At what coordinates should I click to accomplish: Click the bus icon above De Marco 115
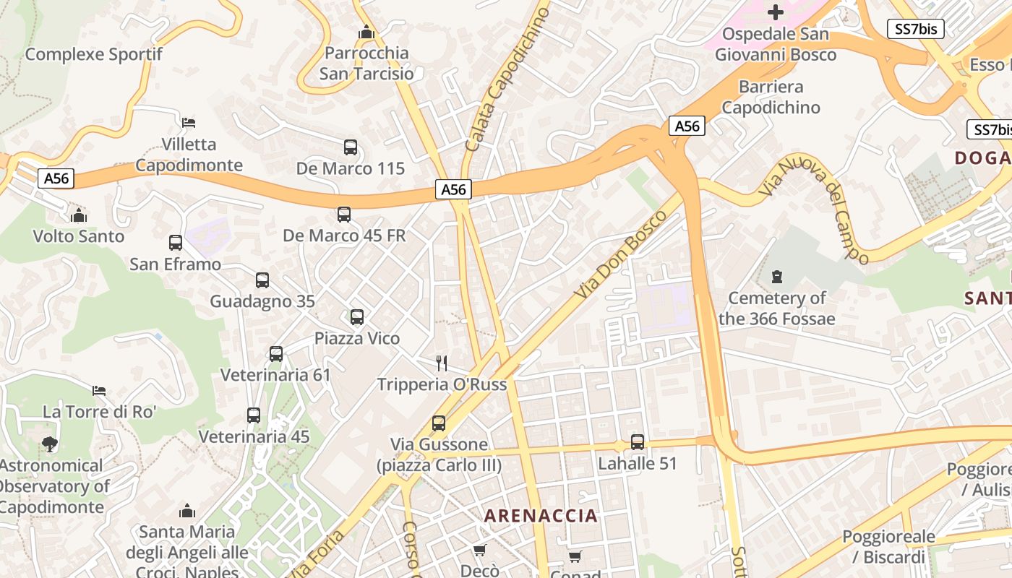click(x=351, y=147)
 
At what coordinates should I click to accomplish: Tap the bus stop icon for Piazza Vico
click(x=357, y=317)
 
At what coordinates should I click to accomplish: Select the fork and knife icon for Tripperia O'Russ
click(x=442, y=363)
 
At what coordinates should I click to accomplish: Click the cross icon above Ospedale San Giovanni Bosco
click(x=776, y=12)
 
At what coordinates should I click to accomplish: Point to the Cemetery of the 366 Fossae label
click(x=777, y=309)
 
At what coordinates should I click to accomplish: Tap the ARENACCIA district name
click(x=541, y=516)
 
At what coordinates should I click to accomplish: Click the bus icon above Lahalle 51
click(x=638, y=442)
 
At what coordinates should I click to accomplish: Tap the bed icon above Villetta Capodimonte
click(x=189, y=122)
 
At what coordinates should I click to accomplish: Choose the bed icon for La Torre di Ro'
click(x=99, y=391)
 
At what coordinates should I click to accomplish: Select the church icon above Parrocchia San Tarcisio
click(x=366, y=33)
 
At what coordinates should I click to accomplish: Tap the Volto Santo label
click(x=79, y=236)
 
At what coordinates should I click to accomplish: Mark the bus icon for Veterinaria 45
click(x=254, y=415)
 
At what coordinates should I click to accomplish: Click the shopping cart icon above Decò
click(x=479, y=550)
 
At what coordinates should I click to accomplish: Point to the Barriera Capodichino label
click(x=771, y=97)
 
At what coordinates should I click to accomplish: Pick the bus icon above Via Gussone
click(x=439, y=423)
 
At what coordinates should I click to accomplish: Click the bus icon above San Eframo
click(x=176, y=243)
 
